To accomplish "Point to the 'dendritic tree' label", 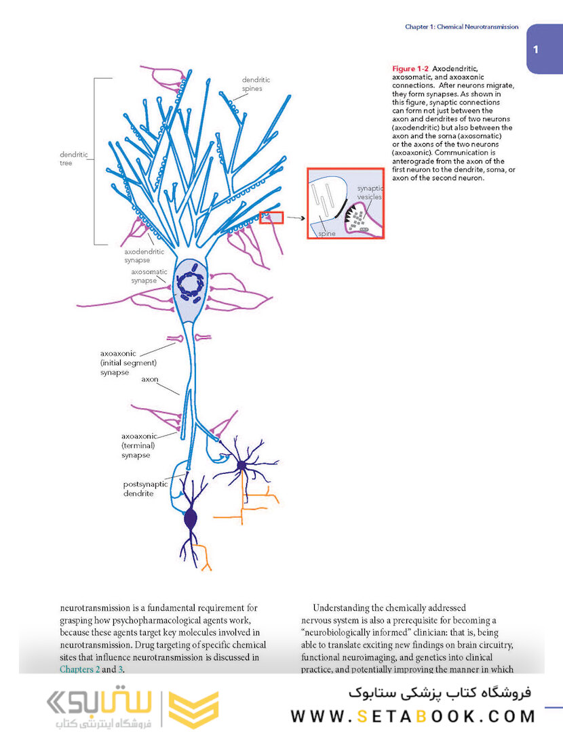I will [x=74, y=159].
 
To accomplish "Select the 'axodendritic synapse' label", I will [x=144, y=256].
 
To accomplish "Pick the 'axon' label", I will [x=149, y=380].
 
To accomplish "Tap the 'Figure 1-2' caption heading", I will [x=410, y=69].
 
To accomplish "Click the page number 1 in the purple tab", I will [x=536, y=49].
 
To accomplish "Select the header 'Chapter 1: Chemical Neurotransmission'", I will [x=461, y=27].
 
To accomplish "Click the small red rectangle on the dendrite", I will [x=271, y=218].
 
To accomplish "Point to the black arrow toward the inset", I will [x=294, y=218].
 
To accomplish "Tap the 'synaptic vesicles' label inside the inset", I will [x=370, y=192].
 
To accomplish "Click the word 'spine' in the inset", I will [x=327, y=233].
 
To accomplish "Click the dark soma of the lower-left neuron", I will [x=191, y=520].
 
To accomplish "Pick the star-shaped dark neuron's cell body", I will [x=241, y=465].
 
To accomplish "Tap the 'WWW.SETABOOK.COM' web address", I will [x=413, y=716].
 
